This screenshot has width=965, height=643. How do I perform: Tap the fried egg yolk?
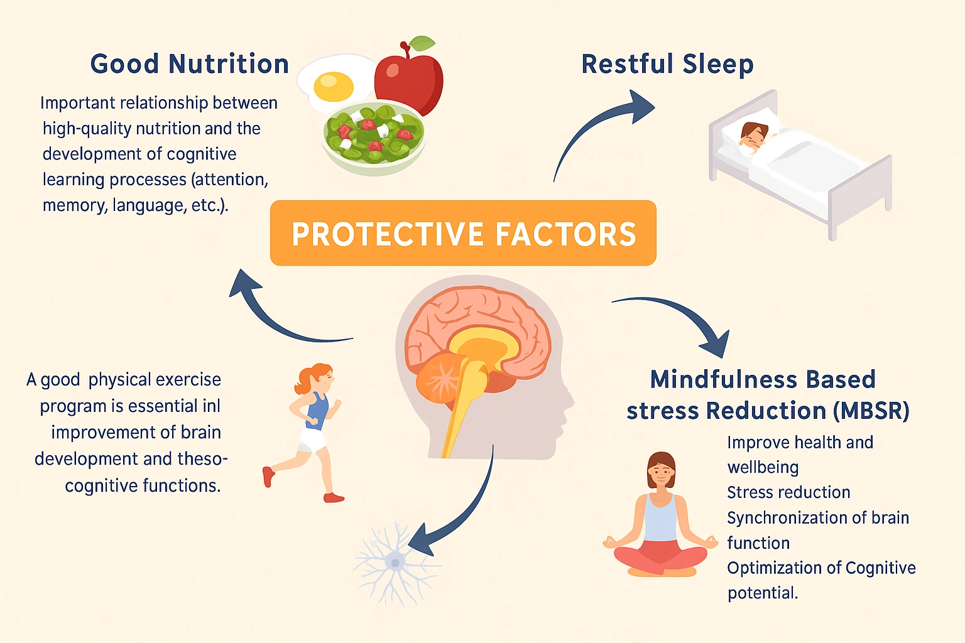(333, 87)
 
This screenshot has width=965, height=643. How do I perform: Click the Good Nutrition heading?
(189, 64)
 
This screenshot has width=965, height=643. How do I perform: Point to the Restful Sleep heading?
(667, 64)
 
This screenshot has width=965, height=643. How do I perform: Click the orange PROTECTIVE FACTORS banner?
(463, 234)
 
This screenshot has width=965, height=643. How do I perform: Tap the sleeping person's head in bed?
(753, 135)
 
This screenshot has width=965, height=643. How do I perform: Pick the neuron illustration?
(395, 562)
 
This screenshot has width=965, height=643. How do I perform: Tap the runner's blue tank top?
(317, 411)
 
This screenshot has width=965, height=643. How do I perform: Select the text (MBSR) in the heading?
(871, 411)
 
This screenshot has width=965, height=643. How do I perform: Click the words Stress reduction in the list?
(788, 492)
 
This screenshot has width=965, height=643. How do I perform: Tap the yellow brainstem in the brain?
(465, 402)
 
